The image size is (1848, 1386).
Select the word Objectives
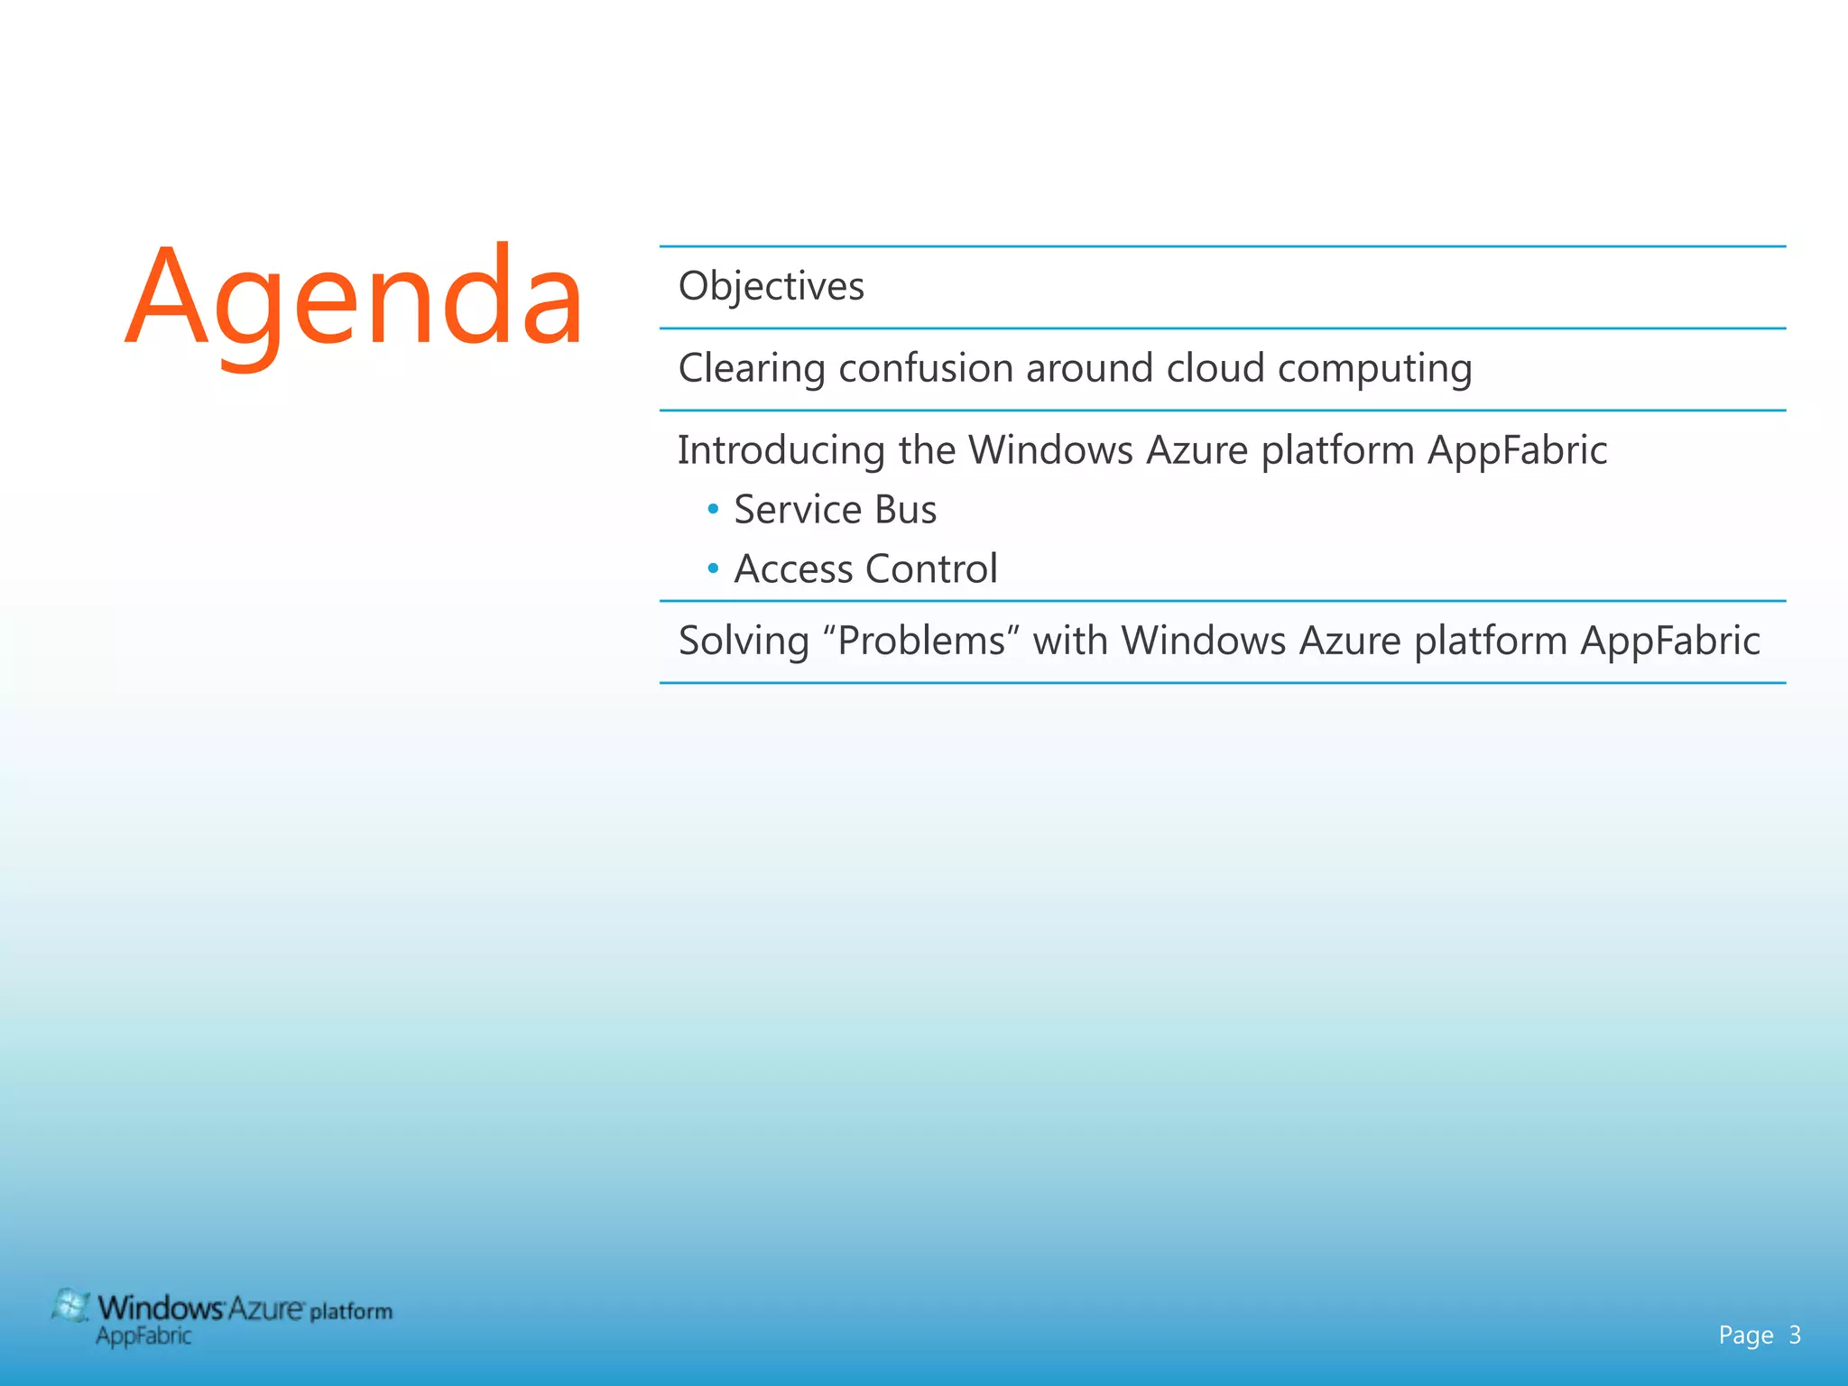click(x=771, y=286)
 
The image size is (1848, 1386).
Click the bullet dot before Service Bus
click(x=713, y=510)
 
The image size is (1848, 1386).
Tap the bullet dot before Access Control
click(x=713, y=569)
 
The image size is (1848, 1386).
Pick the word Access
click(x=793, y=569)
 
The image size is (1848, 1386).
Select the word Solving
click(x=744, y=642)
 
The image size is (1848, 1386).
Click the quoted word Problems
click(x=920, y=641)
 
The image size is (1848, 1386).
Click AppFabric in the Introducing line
click(x=1517, y=450)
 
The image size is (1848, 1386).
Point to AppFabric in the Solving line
click(x=1669, y=641)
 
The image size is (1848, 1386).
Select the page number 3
click(x=1795, y=1335)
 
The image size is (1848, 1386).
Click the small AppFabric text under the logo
click(x=143, y=1336)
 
